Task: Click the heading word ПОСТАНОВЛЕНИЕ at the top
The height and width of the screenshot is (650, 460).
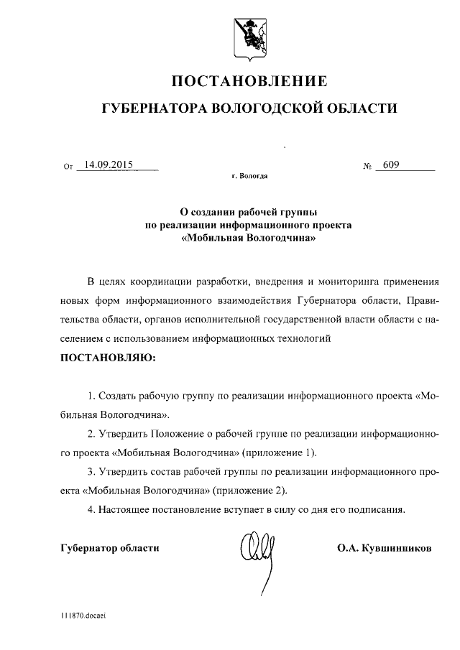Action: [249, 80]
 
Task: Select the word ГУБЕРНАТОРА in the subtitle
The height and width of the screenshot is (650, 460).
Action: [153, 109]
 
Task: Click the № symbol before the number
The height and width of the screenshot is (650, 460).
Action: [368, 167]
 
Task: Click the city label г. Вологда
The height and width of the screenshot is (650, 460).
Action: [249, 175]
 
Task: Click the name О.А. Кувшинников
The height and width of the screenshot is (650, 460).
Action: [384, 549]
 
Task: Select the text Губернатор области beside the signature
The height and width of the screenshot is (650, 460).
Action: [109, 549]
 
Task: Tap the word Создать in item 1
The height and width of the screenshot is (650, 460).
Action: [118, 396]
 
